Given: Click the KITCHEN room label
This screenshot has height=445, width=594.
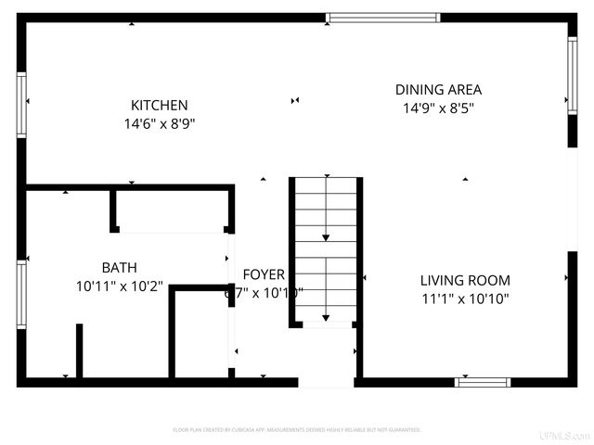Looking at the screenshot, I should pyautogui.click(x=159, y=106).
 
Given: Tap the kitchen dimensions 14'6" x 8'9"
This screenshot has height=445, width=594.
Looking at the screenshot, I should pyautogui.click(x=159, y=123).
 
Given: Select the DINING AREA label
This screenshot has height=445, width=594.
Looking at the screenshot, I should pyautogui.click(x=438, y=90).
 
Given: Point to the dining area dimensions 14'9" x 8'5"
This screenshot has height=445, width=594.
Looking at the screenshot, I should pyautogui.click(x=438, y=108).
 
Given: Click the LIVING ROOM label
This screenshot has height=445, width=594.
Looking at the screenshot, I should pyautogui.click(x=465, y=280).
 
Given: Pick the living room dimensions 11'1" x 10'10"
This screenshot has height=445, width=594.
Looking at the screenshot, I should pyautogui.click(x=465, y=299).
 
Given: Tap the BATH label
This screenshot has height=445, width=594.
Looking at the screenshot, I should pyautogui.click(x=119, y=268).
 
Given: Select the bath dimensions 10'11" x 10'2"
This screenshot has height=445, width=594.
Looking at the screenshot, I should pyautogui.click(x=119, y=286).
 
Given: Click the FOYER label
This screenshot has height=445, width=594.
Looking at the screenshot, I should pyautogui.click(x=264, y=274).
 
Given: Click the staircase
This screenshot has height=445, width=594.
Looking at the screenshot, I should pyautogui.click(x=325, y=250).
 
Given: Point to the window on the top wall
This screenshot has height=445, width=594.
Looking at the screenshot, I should pyautogui.click(x=382, y=17).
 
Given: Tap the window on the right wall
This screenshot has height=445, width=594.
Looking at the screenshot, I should pyautogui.click(x=573, y=75).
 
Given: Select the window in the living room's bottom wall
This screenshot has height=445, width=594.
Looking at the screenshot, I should pyautogui.click(x=483, y=382).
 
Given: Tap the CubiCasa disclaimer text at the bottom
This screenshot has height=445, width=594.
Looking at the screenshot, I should pyautogui.click(x=297, y=430).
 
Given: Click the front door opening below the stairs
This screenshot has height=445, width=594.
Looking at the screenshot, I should pyautogui.click(x=326, y=381).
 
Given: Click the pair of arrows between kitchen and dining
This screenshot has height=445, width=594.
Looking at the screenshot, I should pyautogui.click(x=295, y=100).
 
